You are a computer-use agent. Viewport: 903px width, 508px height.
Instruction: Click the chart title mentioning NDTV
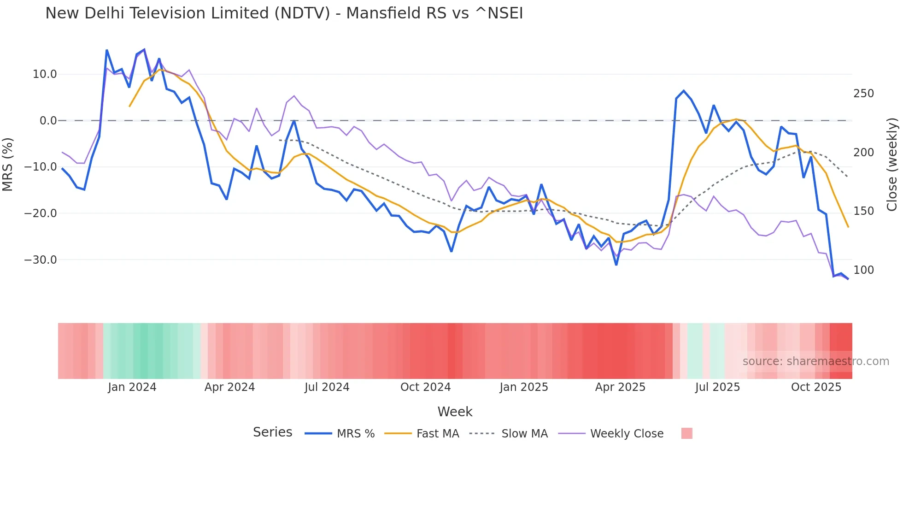(284, 13)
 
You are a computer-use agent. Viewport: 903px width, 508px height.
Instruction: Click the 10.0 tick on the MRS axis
(45, 74)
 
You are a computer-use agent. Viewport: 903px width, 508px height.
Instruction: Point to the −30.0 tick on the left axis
(41, 260)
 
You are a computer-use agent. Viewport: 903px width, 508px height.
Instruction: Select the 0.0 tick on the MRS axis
(48, 121)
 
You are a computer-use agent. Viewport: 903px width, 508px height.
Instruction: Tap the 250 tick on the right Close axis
(863, 94)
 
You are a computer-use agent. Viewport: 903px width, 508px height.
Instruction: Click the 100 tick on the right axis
(863, 270)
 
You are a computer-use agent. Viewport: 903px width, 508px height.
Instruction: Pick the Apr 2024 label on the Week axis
(229, 387)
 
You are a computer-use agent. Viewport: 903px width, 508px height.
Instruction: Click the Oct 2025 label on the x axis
(816, 387)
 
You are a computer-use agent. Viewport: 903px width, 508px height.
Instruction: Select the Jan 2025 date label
(524, 387)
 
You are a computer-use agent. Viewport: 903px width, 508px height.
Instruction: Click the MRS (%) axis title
(8, 165)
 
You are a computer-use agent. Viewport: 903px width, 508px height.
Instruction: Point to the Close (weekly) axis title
(892, 165)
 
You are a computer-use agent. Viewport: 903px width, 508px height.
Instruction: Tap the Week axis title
(455, 412)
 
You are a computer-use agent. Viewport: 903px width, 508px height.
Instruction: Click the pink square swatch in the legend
(686, 434)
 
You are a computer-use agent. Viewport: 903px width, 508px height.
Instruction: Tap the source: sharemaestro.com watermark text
(815, 361)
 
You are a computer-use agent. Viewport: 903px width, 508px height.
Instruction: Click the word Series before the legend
(272, 432)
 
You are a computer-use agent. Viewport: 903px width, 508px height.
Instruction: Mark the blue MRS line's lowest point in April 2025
(616, 265)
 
